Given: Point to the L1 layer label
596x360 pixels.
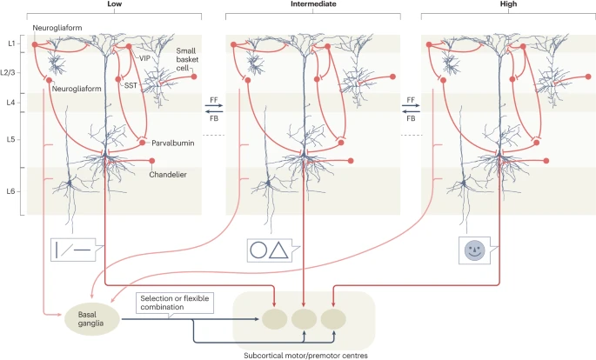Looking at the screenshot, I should click(x=10, y=43).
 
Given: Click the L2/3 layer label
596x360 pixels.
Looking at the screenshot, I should click(x=10, y=72).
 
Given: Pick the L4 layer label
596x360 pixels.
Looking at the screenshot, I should click(x=10, y=103).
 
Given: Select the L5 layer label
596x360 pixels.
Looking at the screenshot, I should click(x=10, y=138).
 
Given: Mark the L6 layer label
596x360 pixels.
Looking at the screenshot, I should click(x=10, y=190).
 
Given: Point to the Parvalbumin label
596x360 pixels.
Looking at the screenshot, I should click(x=172, y=143).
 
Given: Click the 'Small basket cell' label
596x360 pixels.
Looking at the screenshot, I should click(x=191, y=58).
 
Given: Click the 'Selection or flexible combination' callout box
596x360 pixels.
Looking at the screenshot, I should click(x=177, y=303).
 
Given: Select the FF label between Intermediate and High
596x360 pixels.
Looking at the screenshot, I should click(x=410, y=100).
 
